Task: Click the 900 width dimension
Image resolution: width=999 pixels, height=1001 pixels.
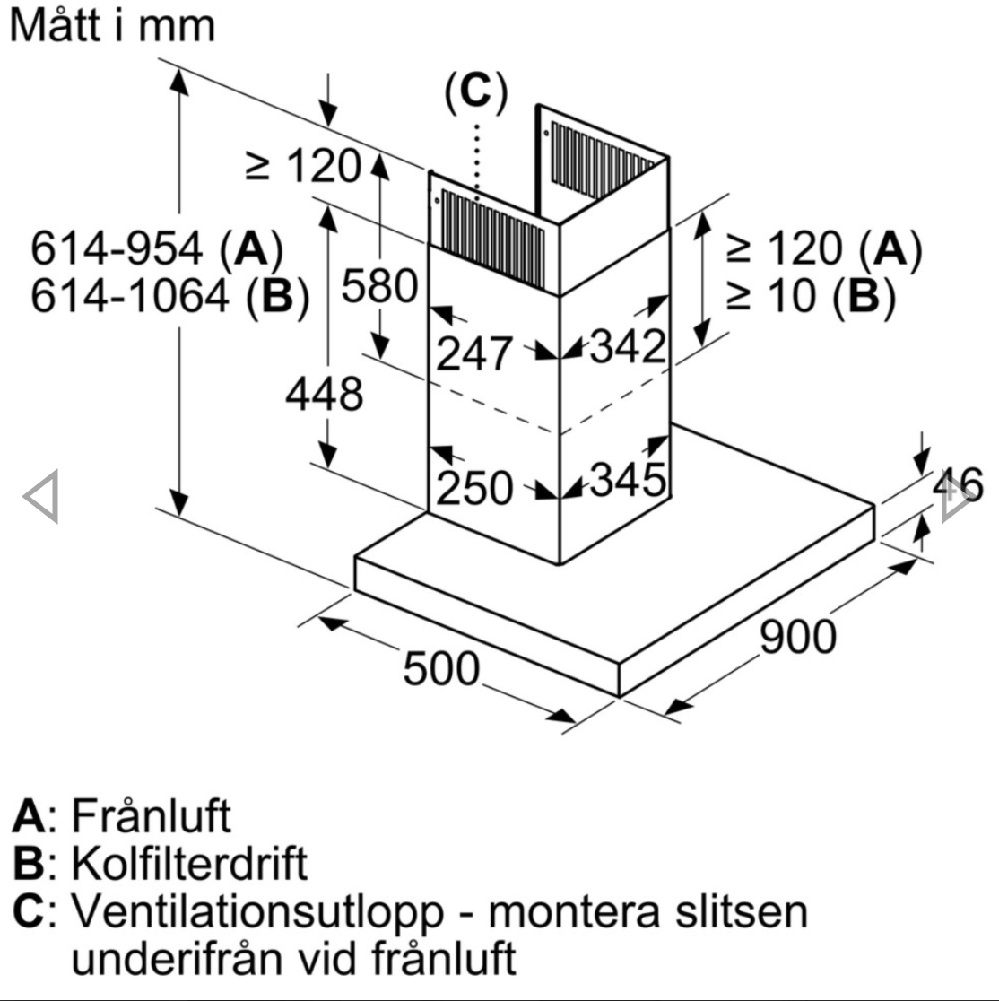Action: (798, 637)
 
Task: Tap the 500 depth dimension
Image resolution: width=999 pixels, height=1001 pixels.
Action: (441, 668)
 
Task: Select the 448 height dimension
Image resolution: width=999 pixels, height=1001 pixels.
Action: (325, 394)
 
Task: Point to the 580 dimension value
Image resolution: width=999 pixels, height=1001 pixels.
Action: (380, 286)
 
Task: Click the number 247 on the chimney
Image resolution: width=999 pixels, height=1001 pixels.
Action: (474, 353)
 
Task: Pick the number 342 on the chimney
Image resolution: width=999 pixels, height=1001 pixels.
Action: (628, 346)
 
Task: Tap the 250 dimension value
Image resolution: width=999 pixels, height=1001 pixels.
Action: (474, 488)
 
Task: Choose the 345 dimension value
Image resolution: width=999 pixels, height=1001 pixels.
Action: (628, 480)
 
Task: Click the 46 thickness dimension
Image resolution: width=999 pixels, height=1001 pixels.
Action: (958, 485)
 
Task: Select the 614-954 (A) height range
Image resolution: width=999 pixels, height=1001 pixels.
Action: (157, 248)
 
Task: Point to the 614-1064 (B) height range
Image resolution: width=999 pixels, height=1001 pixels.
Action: (170, 296)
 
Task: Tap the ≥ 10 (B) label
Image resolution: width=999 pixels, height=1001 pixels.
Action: (812, 296)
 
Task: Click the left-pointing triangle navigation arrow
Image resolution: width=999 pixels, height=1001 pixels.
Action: (42, 497)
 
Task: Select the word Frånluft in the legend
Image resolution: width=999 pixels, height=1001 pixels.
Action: (151, 816)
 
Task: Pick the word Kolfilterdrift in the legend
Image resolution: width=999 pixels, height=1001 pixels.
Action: (189, 863)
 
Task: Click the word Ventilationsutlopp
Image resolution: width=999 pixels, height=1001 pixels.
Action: (257, 911)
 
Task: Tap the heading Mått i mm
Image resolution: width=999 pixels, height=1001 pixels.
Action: (112, 25)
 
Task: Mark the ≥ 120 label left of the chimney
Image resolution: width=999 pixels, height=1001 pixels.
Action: (303, 166)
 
